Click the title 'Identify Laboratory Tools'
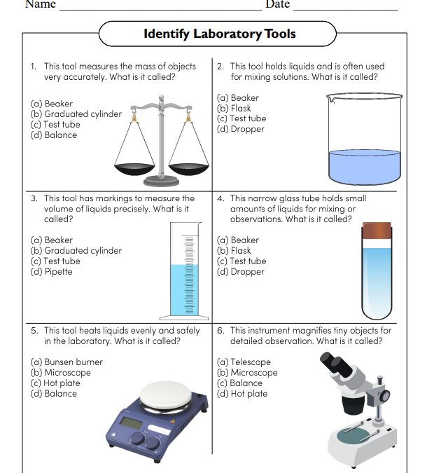click(x=219, y=34)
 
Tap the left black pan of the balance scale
click(x=133, y=168)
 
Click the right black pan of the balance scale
click(x=189, y=168)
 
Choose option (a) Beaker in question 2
click(x=238, y=98)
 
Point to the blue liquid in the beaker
click(x=364, y=166)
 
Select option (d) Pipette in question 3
click(x=51, y=272)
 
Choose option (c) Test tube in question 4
click(x=241, y=261)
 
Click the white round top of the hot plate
click(x=167, y=395)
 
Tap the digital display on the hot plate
click(x=131, y=424)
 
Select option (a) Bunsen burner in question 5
click(x=66, y=362)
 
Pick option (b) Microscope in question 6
click(x=247, y=373)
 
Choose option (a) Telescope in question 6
click(x=244, y=362)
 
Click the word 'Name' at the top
click(x=40, y=4)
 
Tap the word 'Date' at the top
click(x=277, y=4)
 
